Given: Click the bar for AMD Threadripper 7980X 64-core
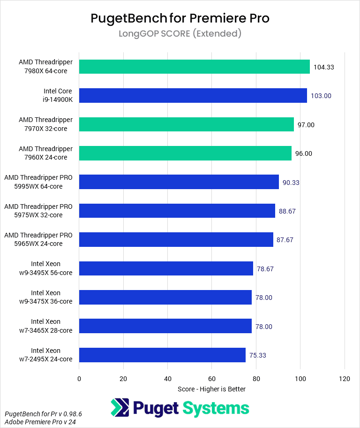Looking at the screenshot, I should pyautogui.click(x=194, y=67).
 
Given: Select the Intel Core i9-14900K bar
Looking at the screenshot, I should pyautogui.click(x=193, y=95).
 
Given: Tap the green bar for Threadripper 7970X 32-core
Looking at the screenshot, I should pyautogui.click(x=186, y=124).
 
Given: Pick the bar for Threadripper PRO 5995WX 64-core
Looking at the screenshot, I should pyautogui.click(x=179, y=182).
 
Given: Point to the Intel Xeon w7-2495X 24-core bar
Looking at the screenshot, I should pyautogui.click(x=162, y=355).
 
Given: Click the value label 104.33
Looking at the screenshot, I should pyautogui.click(x=323, y=67).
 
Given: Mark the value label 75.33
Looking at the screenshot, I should pyautogui.click(x=257, y=355).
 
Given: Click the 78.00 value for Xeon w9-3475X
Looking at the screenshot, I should pyautogui.click(x=264, y=298).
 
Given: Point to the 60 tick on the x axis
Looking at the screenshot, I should pyautogui.click(x=212, y=379).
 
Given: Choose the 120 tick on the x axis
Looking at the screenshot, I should pyautogui.click(x=345, y=379).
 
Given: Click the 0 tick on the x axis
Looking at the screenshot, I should pyautogui.click(x=79, y=379).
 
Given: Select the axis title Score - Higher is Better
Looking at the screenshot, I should pyautogui.click(x=211, y=389).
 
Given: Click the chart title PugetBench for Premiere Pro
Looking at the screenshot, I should pyautogui.click(x=180, y=18).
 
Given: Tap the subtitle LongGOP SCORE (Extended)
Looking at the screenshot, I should pyautogui.click(x=180, y=34).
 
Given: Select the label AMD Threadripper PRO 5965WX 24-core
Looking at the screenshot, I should pyautogui.click(x=38, y=240).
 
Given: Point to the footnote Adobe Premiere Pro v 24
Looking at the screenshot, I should pyautogui.click(x=35, y=421).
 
